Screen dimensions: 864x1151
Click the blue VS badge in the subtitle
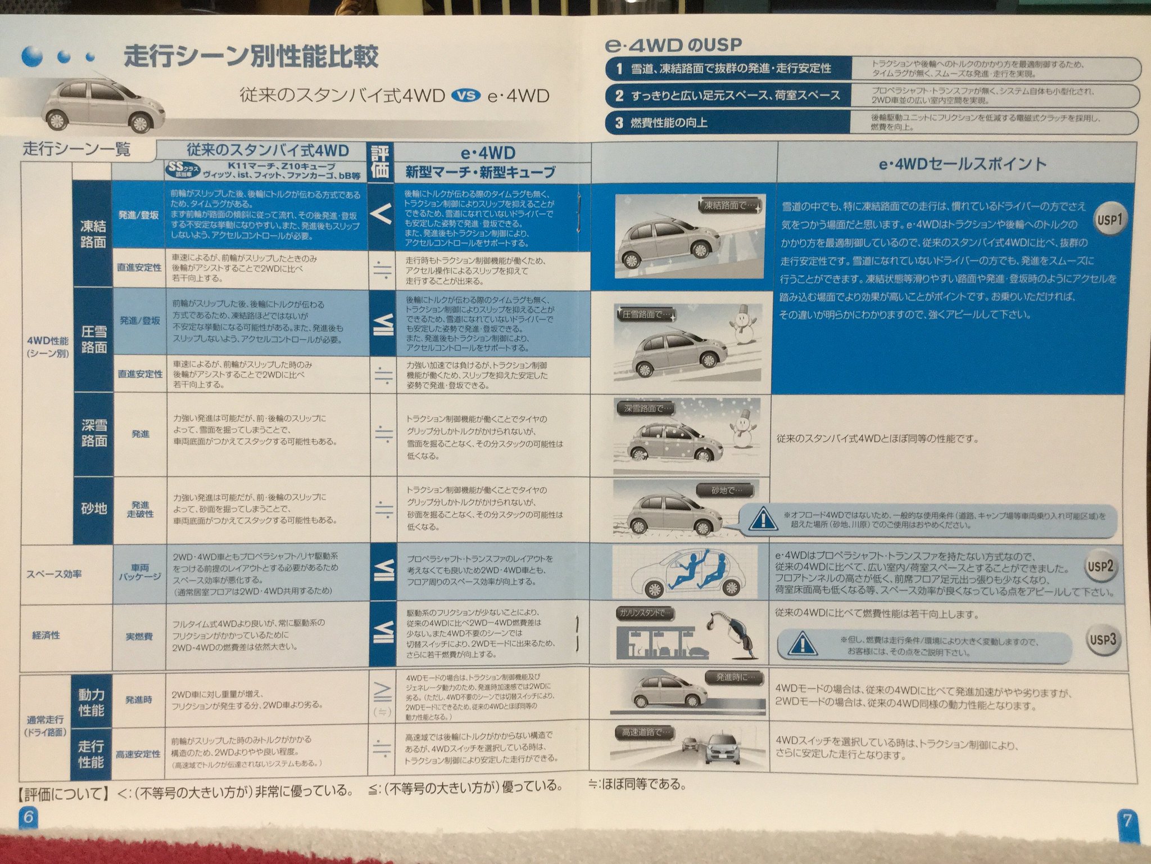click(465, 96)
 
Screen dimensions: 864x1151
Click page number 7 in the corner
click(1126, 821)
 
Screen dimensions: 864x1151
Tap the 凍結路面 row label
click(93, 234)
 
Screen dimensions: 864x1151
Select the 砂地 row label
click(93, 509)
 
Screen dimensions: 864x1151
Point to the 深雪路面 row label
click(93, 433)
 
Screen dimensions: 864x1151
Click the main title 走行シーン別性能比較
click(251, 57)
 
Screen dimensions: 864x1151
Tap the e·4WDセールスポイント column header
click(962, 164)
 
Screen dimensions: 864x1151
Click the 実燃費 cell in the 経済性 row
click(139, 637)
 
